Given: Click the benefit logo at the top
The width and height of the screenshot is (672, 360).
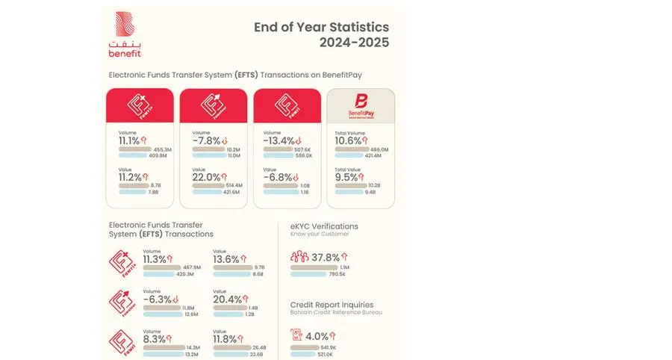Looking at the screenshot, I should coord(125,35).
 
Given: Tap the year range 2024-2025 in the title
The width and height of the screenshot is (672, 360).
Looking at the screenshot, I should coord(354,43).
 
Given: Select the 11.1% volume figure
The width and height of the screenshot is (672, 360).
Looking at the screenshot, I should coord(129,140).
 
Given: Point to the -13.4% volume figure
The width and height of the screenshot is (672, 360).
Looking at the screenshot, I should coord(281,140).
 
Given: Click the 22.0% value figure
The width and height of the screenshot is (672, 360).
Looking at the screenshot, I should coord(205,177).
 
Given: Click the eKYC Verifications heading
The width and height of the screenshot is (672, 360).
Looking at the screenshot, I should coord(324,226).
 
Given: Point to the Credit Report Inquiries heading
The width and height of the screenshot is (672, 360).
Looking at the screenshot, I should coord(333,305).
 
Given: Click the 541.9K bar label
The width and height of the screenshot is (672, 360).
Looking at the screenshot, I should coord(327,347).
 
